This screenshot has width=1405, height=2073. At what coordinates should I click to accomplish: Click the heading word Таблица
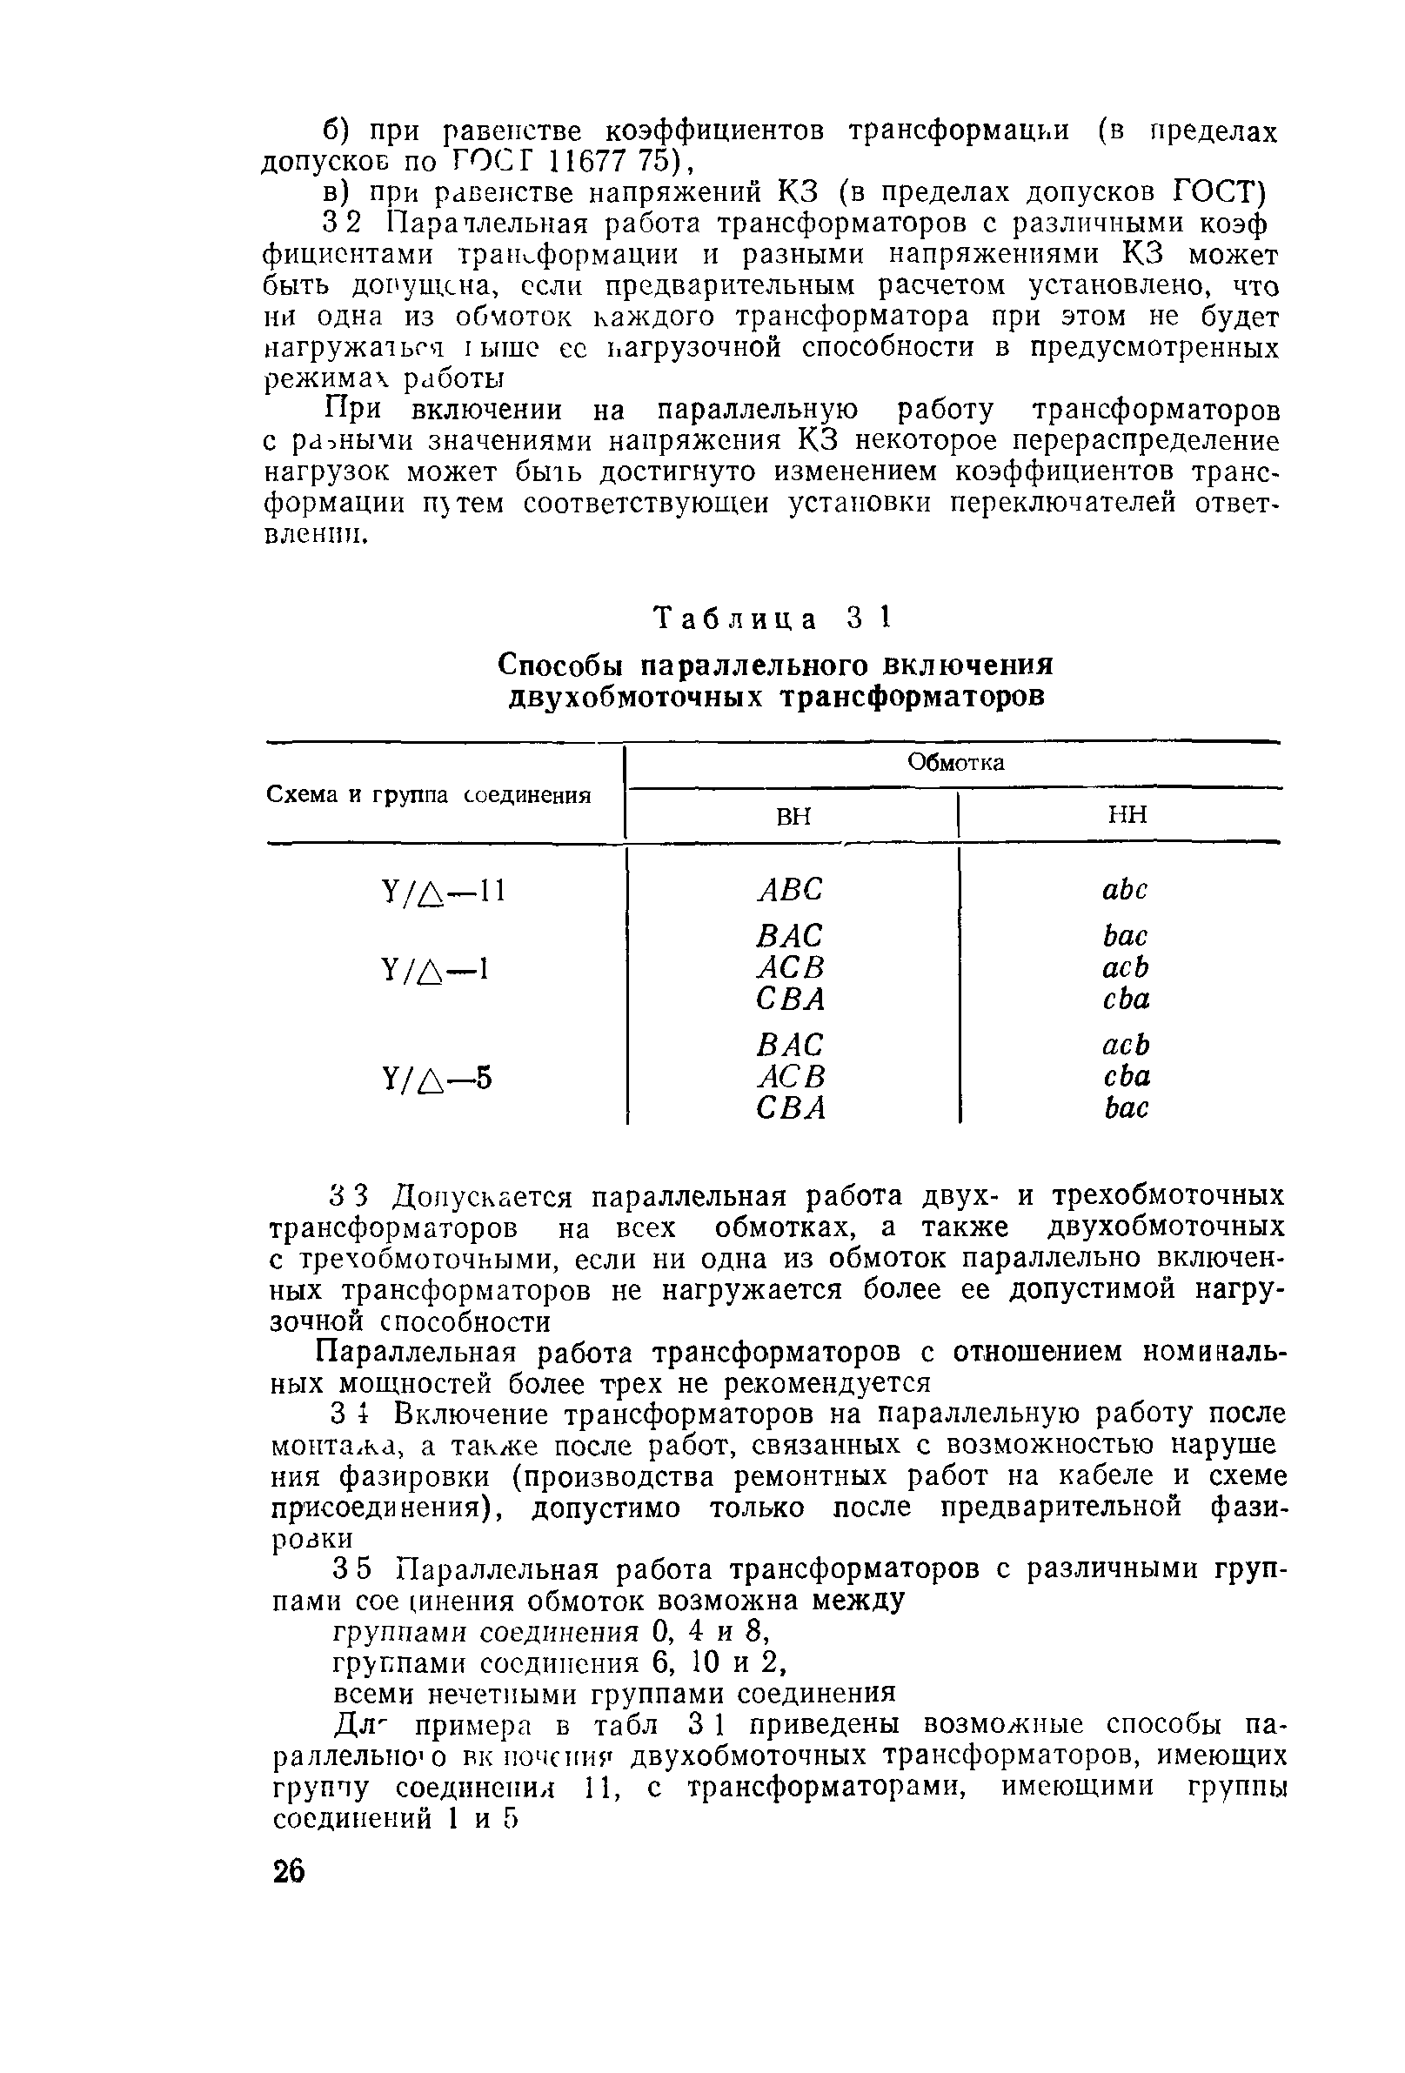coord(736,619)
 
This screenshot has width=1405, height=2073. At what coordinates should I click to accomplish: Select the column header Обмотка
coord(955,763)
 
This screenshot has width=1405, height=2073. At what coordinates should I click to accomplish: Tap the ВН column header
coord(793,815)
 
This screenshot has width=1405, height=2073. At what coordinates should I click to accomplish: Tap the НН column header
coord(1127,814)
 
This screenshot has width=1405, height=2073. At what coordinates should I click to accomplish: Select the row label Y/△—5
coord(436,1080)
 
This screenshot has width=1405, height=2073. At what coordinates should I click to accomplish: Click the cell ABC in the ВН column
coord(791,889)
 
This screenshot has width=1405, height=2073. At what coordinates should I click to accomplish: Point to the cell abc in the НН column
coord(1125,889)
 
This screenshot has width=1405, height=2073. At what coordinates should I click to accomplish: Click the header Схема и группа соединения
coord(429,795)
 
